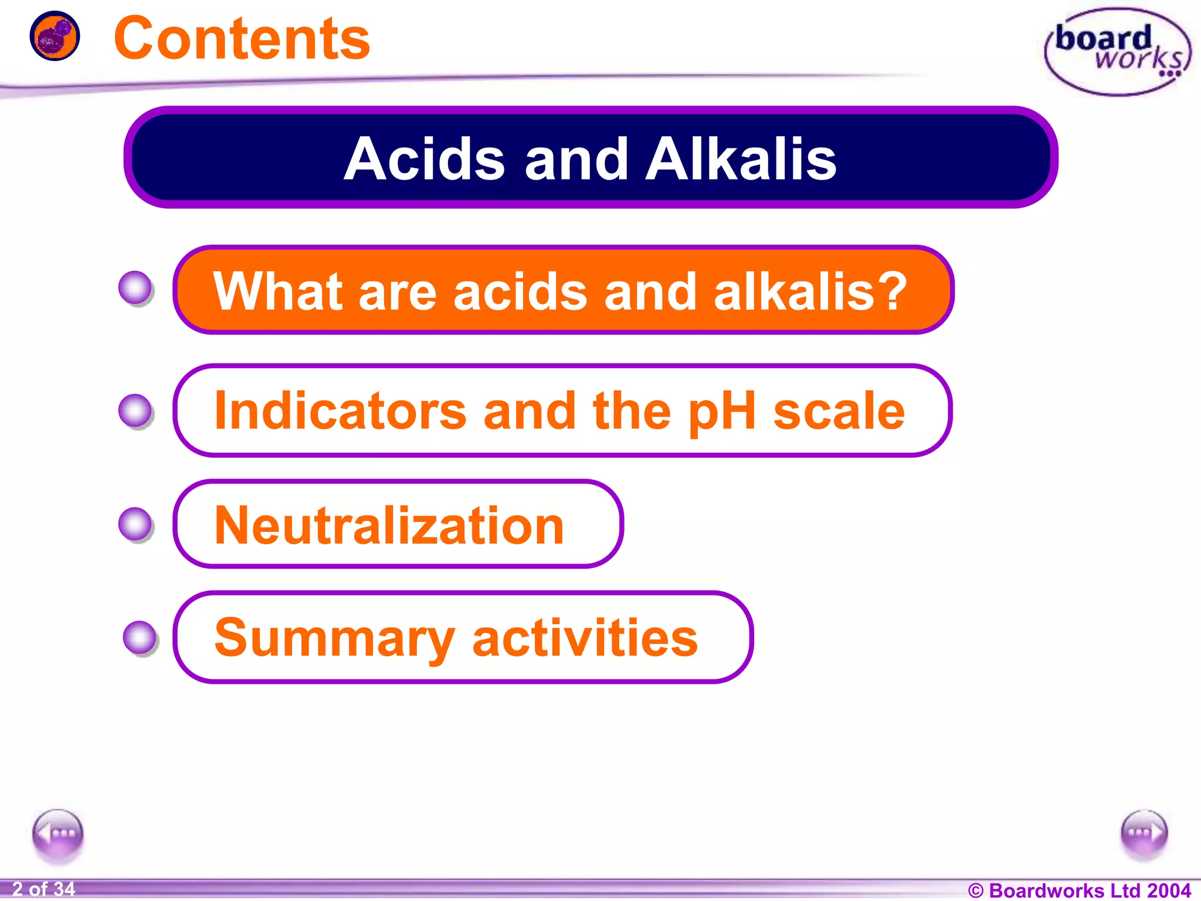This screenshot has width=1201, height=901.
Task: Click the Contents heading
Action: tap(242, 39)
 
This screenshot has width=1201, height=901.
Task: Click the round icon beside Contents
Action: tap(55, 36)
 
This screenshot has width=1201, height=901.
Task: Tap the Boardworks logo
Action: tap(1117, 52)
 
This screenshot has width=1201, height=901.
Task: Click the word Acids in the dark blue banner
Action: tap(424, 159)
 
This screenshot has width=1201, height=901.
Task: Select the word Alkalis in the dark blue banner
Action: tap(740, 159)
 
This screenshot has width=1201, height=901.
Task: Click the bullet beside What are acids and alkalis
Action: tap(136, 288)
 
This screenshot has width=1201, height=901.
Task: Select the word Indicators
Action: tap(340, 411)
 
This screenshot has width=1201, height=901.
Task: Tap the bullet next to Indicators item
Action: tap(136, 411)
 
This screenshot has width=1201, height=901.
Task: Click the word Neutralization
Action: tap(389, 525)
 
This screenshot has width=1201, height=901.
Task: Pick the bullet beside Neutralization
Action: tap(136, 524)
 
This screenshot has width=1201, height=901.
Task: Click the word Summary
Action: tap(334, 638)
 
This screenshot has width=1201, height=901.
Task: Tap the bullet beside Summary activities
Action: tap(140, 638)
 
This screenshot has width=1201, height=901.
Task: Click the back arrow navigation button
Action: tap(57, 833)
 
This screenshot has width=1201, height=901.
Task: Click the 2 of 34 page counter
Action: tap(43, 889)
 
